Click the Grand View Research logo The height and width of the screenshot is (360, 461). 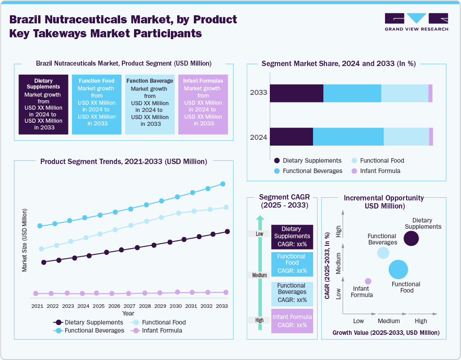pos(416,22)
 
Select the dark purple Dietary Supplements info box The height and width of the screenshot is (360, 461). pos(43,104)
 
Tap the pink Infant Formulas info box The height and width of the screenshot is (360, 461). pos(203,104)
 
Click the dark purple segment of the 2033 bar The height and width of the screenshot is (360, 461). pos(296,93)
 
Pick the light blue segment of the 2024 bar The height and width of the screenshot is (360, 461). pos(406,137)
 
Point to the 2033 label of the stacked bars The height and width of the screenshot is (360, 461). pos(259,93)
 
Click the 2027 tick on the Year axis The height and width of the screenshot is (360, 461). pos(129,306)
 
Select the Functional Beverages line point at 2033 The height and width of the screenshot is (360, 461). pos(222,184)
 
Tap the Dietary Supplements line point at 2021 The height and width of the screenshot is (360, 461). pos(44,262)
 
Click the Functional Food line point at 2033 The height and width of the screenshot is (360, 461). pos(226,207)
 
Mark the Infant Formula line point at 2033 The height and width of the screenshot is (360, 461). pos(226,292)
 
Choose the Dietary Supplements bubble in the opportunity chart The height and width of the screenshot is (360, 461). pos(411,238)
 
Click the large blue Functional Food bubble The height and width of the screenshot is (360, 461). pos(398,270)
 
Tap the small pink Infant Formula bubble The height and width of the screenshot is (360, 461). pos(368,281)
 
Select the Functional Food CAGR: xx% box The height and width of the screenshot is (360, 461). pos(292,264)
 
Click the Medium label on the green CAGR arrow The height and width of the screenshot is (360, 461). pos(260,275)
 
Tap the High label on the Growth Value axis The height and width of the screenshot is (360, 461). pos(421,321)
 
